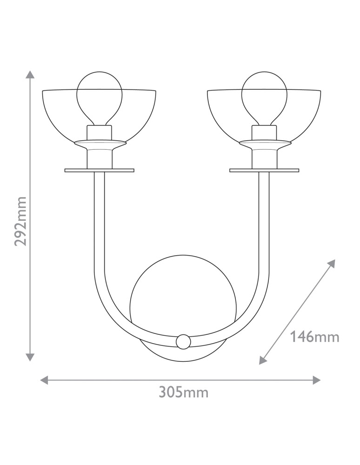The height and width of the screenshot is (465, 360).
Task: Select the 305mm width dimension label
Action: pos(184,392)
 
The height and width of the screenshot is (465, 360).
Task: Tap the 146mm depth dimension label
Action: pos(314,337)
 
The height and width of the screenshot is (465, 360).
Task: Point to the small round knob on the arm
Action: pos(183,341)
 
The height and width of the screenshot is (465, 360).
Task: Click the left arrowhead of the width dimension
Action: pos(44,380)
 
